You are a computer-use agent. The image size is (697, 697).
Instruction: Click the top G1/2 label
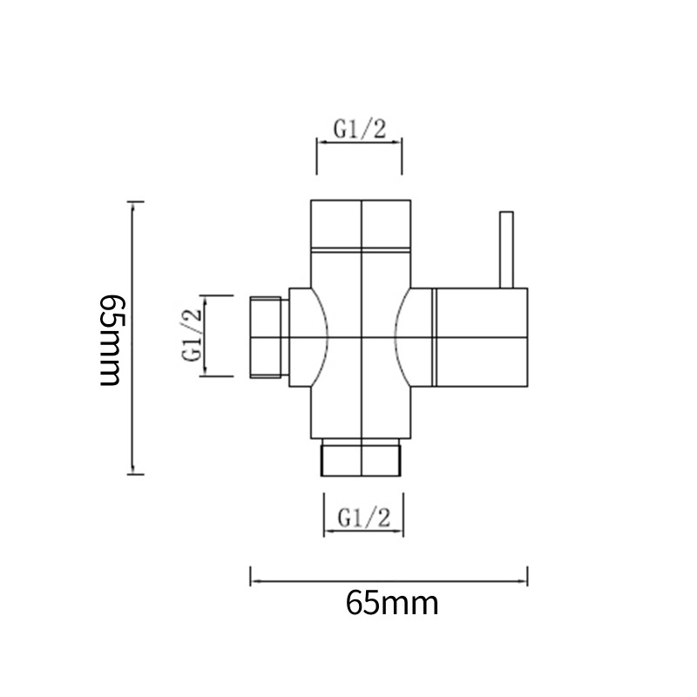tap(360, 129)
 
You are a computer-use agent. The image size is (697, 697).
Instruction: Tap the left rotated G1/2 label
tap(191, 335)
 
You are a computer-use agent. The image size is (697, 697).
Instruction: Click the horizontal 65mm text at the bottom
tap(391, 603)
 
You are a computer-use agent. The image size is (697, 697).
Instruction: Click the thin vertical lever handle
tap(506, 249)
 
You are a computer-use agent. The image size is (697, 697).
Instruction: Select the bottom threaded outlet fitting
tap(362, 458)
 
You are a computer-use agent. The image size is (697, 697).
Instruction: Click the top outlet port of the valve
tap(361, 225)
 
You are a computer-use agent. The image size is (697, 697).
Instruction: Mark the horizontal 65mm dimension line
tap(389, 577)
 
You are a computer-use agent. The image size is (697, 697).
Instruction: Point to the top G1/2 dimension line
tap(359, 146)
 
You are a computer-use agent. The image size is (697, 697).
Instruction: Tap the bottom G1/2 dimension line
tap(362, 531)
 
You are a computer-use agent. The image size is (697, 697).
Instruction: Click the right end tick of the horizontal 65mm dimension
tap(528, 577)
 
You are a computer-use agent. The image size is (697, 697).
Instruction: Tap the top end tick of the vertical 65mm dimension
tap(132, 202)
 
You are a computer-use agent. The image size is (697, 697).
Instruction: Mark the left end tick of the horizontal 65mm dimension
tap(251, 577)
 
